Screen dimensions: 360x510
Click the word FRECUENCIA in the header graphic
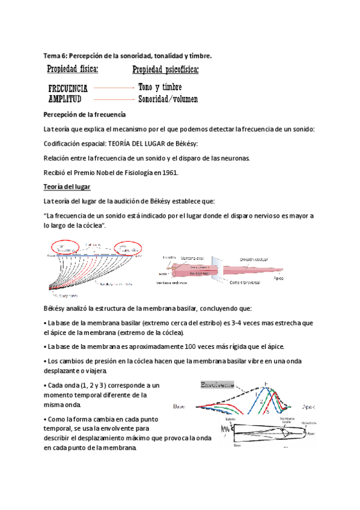tap(72, 88)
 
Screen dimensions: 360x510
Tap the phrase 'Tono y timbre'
tap(160, 87)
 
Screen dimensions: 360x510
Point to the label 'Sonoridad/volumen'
tap(168, 99)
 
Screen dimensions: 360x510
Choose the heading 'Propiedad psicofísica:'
tap(165, 70)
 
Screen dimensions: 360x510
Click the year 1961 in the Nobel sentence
tap(170, 173)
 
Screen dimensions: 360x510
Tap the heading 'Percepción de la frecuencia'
tap(84, 114)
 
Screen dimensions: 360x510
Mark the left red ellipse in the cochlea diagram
tap(65, 247)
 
